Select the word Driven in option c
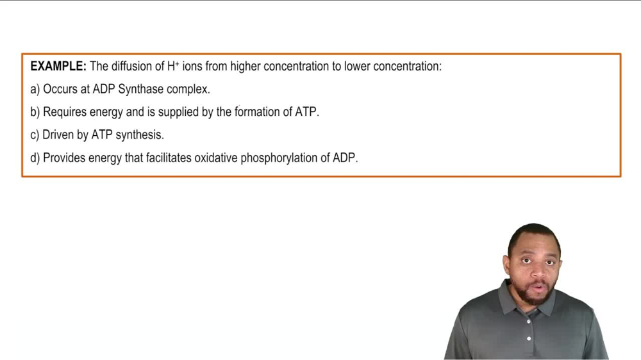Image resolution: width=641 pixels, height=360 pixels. (58, 135)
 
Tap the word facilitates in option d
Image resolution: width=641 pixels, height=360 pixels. (168, 158)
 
